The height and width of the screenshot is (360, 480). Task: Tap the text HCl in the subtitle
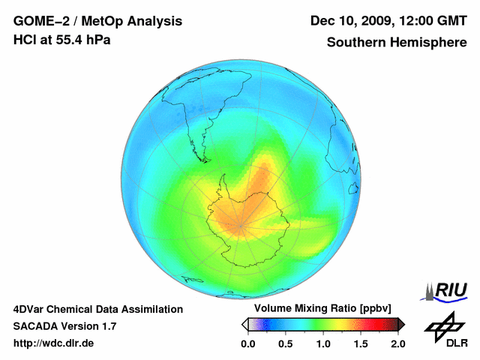click(24, 40)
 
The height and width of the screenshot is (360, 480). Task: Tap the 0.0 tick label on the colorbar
click(247, 343)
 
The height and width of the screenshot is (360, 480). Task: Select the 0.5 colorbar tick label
click(285, 343)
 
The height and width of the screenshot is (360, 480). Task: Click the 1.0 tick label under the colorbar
click(323, 343)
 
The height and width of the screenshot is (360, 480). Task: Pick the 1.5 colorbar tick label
click(361, 343)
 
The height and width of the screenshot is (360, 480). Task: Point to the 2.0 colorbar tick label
click(397, 343)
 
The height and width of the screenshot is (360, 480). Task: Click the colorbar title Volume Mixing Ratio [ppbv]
click(322, 309)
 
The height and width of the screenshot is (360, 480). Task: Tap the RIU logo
click(445, 290)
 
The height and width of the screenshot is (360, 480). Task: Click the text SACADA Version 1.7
click(64, 326)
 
